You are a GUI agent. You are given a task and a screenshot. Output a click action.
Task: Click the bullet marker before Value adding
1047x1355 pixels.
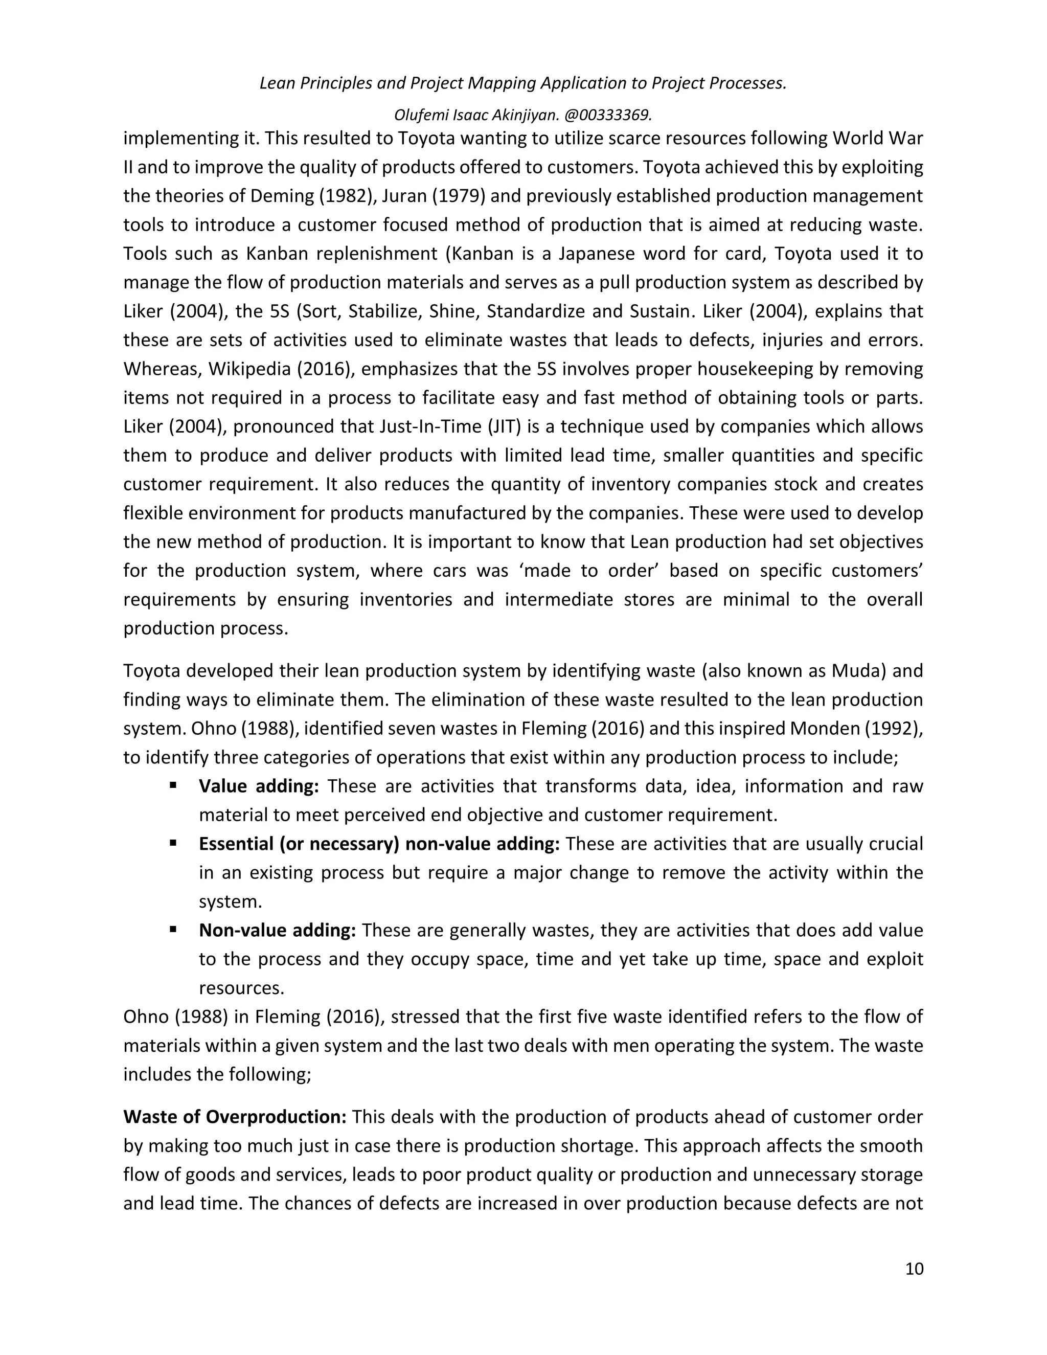coord(173,785)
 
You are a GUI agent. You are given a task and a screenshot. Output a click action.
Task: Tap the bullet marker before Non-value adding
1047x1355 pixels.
coord(173,930)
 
